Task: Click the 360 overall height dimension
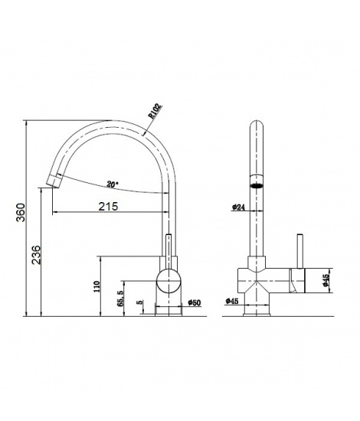[21, 212]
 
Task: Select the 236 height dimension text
[36, 255]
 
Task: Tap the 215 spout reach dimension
[108, 206]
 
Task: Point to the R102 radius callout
[155, 111]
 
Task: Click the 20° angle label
[113, 184]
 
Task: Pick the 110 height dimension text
[97, 286]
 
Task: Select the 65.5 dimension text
[120, 299]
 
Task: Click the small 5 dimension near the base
[139, 302]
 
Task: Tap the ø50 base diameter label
[195, 302]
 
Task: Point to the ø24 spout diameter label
[238, 207]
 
